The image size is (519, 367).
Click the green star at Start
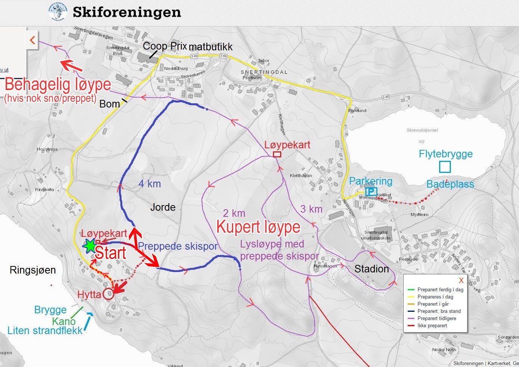[90, 246]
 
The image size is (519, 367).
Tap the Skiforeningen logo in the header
[58, 12]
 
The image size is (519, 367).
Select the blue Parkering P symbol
[371, 191]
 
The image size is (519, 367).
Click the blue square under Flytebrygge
[445, 167]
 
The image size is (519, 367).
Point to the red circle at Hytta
[108, 294]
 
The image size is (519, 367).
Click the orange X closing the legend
[461, 280]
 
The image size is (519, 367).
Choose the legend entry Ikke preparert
[432, 325]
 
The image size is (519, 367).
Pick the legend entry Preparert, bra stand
[439, 311]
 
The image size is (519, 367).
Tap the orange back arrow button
[33, 40]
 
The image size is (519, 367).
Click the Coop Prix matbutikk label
[187, 47]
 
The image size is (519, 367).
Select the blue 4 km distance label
[150, 184]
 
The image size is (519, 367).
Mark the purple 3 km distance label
[311, 209]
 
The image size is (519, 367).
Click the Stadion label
[371, 269]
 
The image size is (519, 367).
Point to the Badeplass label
[450, 184]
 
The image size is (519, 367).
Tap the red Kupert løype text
[258, 227]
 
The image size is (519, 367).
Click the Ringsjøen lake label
[33, 270]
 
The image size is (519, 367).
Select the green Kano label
[64, 321]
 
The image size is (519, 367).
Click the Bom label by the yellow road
[109, 104]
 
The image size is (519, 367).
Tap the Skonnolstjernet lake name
[422, 130]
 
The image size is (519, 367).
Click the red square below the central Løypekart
[277, 154]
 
